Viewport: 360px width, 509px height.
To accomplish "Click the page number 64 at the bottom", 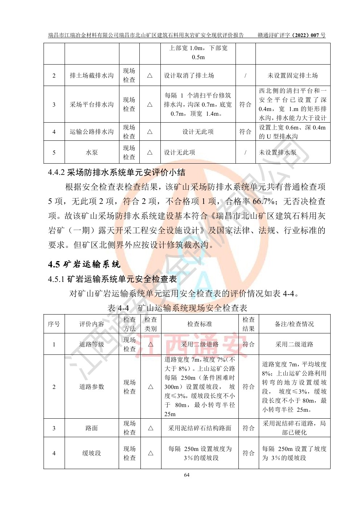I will click(x=187, y=475).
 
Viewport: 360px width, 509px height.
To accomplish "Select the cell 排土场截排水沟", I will click(x=91, y=75).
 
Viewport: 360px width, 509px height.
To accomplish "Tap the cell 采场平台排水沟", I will click(x=91, y=104).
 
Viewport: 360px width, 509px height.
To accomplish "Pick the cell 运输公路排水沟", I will click(x=91, y=132).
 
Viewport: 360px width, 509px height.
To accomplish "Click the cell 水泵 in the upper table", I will click(x=91, y=153).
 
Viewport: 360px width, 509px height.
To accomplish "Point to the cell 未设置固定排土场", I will click(x=292, y=75).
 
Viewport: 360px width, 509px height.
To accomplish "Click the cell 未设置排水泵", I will click(x=277, y=153).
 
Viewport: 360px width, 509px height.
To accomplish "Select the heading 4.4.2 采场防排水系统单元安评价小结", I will click(x=116, y=172).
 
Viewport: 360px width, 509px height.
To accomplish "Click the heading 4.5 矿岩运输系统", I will click(x=84, y=264).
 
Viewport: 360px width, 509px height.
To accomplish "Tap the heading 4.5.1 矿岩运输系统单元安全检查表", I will click(x=112, y=279).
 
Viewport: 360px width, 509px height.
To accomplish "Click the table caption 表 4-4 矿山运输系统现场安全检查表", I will click(x=177, y=308).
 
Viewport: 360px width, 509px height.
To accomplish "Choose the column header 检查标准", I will click(x=200, y=324).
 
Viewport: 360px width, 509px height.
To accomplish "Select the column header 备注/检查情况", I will click(x=294, y=324).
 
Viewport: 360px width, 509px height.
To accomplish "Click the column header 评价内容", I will click(x=91, y=324).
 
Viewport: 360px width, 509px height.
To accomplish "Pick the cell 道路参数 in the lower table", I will click(x=91, y=387).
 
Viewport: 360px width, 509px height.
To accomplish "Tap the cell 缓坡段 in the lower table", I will click(x=91, y=453).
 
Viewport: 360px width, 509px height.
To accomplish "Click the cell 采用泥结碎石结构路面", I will click(x=200, y=428).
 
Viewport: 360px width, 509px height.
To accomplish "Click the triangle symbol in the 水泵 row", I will click(x=150, y=153).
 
